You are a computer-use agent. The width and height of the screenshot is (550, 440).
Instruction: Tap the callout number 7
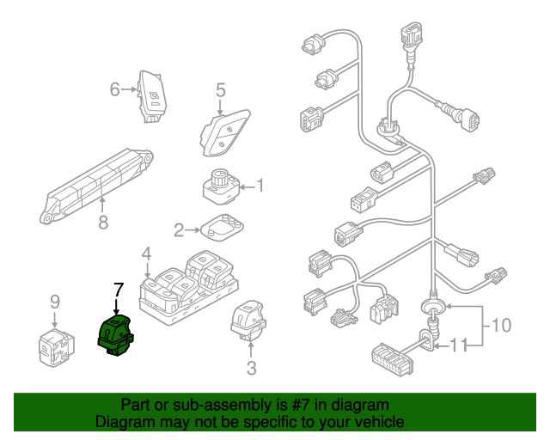(x=119, y=290)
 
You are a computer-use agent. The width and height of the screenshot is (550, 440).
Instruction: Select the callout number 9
(x=54, y=301)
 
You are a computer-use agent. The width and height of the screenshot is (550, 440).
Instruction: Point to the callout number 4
(x=146, y=254)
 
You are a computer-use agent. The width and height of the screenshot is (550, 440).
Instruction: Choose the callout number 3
(x=252, y=370)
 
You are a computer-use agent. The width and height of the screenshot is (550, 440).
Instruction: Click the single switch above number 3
(x=248, y=321)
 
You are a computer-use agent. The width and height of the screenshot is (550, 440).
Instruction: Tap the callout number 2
(x=180, y=229)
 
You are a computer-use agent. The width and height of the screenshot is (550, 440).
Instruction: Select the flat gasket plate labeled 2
(x=222, y=227)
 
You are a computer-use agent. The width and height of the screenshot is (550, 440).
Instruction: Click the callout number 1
(x=260, y=185)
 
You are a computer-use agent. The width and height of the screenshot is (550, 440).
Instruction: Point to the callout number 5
(x=220, y=89)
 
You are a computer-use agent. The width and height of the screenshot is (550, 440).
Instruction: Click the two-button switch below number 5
(x=223, y=131)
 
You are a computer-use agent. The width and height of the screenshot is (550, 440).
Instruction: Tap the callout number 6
(x=114, y=89)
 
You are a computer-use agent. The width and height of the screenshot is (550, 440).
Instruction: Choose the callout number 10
(x=500, y=326)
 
